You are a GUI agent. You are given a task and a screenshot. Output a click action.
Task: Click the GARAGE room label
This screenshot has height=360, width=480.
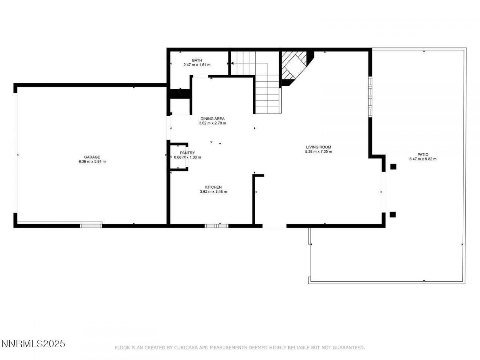click(92, 157)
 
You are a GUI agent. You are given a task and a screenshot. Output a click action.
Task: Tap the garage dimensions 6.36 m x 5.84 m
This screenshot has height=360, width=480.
click(92, 162)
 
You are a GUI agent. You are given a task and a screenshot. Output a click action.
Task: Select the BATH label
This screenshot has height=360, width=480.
click(197, 60)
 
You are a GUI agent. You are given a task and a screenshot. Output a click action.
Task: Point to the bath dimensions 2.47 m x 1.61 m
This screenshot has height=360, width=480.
click(197, 65)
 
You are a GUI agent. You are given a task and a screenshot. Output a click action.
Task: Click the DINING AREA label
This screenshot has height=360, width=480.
click(212, 118)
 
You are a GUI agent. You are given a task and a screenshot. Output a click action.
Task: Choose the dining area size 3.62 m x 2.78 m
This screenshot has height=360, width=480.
click(212, 123)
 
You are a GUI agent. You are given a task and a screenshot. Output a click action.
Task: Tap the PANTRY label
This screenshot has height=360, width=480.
click(187, 153)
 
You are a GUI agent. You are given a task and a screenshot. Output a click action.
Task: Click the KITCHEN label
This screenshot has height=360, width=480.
click(213, 187)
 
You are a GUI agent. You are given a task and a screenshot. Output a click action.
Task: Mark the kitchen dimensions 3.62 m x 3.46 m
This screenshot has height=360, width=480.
click(213, 192)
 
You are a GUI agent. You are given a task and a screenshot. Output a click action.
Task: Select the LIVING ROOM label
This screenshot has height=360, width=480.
click(318, 147)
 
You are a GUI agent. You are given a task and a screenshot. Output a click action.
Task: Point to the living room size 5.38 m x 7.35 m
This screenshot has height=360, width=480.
click(318, 152)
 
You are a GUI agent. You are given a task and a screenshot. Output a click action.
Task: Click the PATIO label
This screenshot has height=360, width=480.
click(423, 154)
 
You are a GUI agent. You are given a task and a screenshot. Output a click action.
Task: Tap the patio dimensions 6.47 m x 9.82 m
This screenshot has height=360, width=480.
click(423, 159)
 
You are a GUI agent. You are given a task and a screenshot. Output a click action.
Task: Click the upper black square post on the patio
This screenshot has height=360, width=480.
click(393, 167)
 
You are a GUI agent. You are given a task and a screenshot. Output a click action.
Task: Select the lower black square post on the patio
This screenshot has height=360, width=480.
click(393, 214)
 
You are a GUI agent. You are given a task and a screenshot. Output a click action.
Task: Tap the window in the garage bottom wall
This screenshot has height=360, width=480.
click(91, 225)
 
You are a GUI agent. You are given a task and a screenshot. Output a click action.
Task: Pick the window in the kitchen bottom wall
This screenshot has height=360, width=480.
click(216, 226)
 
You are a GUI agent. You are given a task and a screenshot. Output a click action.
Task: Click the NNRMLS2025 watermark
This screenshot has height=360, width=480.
click(33, 343)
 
